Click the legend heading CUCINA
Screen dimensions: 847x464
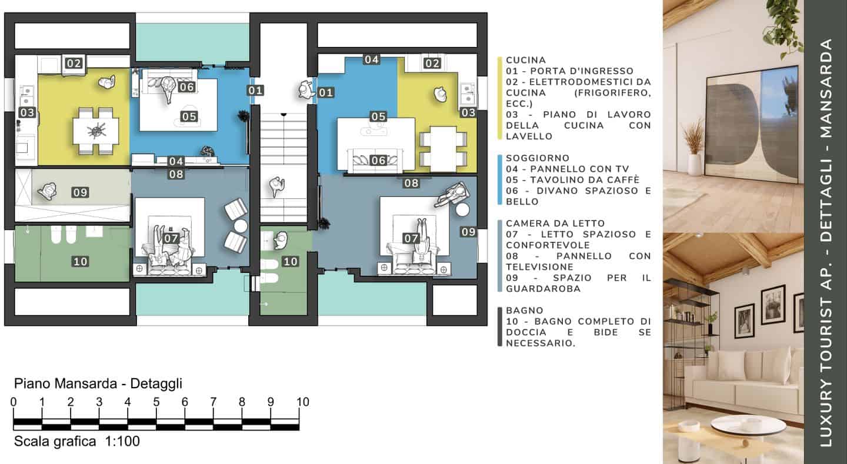(x=526, y=60)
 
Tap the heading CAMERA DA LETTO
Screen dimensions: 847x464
(x=555, y=223)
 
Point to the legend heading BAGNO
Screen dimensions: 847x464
(x=525, y=311)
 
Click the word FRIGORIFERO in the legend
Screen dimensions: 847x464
(x=612, y=93)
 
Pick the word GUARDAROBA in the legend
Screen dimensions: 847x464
(x=543, y=289)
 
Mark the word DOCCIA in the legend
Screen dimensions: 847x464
(x=526, y=332)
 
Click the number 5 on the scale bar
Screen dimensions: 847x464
(x=156, y=402)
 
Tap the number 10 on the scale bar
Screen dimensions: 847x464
(x=303, y=402)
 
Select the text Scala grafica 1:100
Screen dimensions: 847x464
(x=76, y=441)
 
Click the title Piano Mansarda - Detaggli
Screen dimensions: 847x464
(x=98, y=383)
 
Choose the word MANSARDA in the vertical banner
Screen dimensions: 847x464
(x=826, y=88)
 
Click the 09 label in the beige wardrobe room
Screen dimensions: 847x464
(x=80, y=192)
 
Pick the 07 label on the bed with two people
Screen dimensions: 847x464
(x=171, y=238)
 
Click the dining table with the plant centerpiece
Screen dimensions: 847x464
(x=96, y=131)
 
